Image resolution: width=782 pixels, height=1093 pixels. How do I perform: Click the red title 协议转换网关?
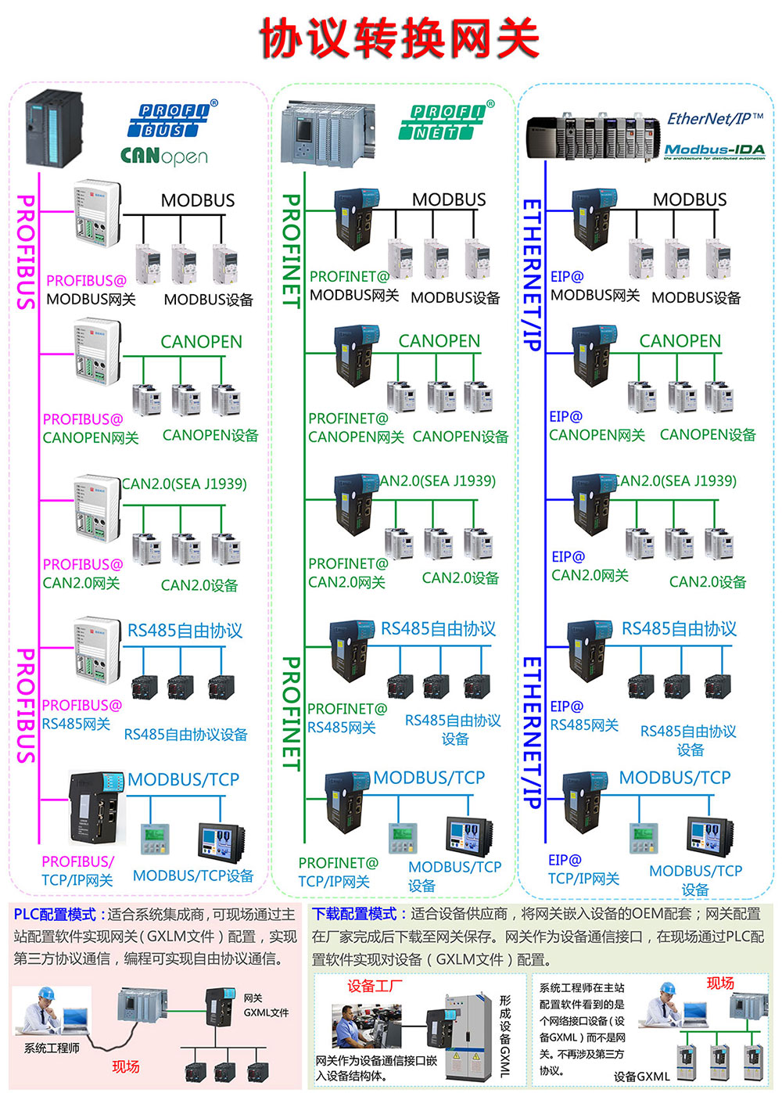[x=399, y=38]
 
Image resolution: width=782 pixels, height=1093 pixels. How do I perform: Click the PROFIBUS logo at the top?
[x=174, y=120]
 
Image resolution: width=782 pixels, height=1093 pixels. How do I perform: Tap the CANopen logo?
[x=164, y=156]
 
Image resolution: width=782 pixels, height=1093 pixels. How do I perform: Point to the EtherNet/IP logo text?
[x=715, y=119]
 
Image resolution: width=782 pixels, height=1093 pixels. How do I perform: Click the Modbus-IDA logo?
[x=714, y=150]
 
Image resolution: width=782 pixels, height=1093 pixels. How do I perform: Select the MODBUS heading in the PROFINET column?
[x=449, y=200]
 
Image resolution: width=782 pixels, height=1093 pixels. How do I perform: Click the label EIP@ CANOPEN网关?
[x=596, y=426]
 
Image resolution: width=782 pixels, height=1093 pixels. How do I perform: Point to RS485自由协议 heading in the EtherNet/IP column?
[x=679, y=629]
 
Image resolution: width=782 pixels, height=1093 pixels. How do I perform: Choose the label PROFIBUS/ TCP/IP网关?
[x=77, y=871]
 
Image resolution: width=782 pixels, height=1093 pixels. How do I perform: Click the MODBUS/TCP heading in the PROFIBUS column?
[x=183, y=779]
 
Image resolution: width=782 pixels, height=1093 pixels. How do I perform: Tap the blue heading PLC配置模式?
[x=55, y=915]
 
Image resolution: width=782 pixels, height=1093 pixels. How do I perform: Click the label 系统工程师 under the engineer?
[x=52, y=1048]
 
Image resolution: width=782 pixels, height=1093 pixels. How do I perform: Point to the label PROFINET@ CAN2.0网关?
[x=347, y=573]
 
